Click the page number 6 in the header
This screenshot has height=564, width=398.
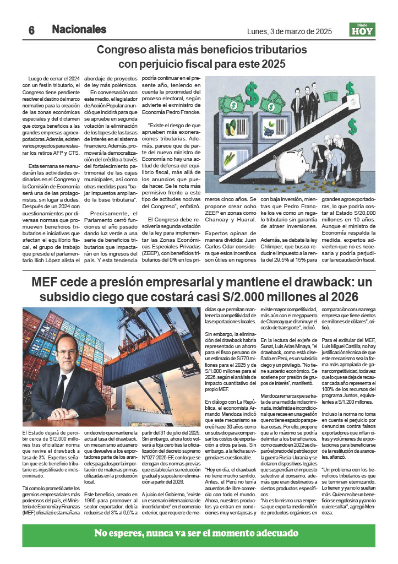[31, 30]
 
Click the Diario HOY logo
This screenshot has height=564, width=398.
[362, 30]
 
